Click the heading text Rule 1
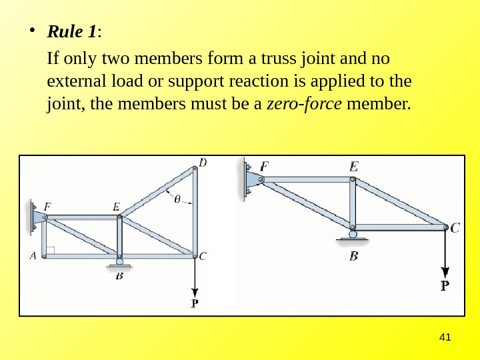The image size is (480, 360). click(72, 31)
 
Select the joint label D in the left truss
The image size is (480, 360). click(203, 161)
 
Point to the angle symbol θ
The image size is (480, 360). click(177, 198)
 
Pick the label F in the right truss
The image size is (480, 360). click(265, 166)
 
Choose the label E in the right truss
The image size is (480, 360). click(353, 166)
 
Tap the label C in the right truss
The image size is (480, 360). click(455, 228)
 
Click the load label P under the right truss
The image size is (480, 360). click(445, 285)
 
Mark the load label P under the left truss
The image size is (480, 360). click(195, 303)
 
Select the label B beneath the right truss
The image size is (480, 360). click(353, 256)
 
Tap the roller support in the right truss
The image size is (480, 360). click(353, 233)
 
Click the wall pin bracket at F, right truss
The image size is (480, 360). click(251, 179)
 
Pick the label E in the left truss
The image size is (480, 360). click(117, 207)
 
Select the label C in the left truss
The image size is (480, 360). click(203, 255)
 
